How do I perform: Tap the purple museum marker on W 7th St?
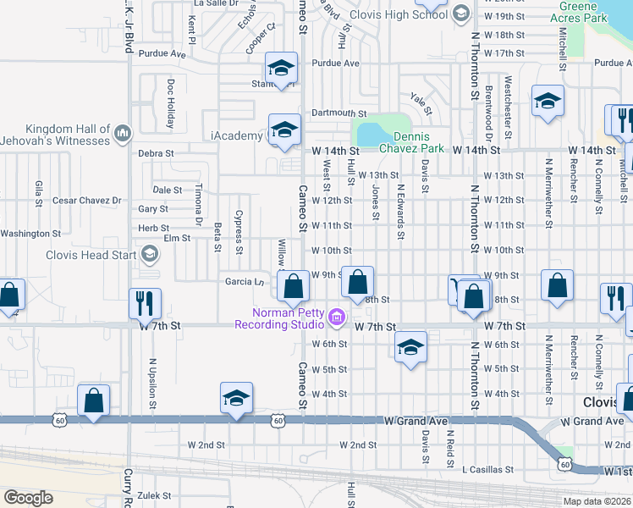(337, 318)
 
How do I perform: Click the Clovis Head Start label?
(93, 254)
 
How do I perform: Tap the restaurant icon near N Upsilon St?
(141, 302)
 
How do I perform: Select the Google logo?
(28, 498)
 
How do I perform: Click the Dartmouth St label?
(339, 113)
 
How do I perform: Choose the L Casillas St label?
(487, 469)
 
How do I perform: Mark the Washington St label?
(30, 234)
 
